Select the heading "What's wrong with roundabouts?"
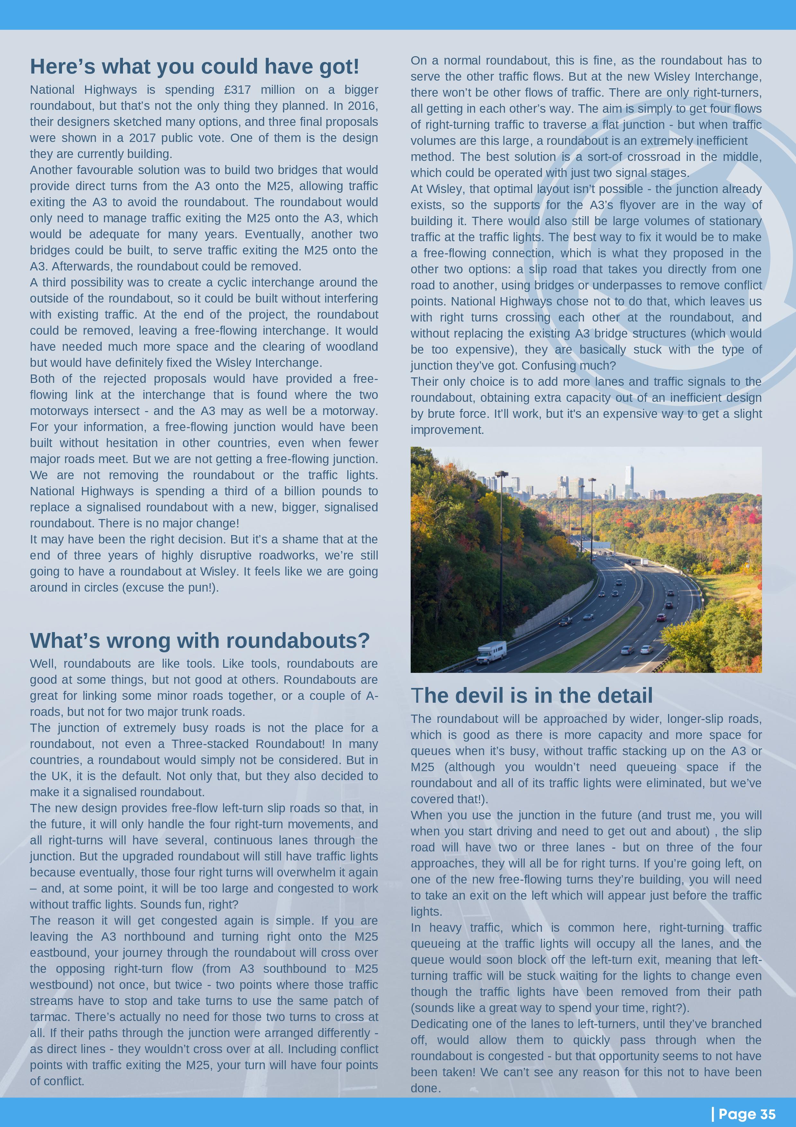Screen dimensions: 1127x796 (x=200, y=640)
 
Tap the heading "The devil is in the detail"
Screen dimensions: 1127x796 (x=531, y=696)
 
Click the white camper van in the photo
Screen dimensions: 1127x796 (x=491, y=652)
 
